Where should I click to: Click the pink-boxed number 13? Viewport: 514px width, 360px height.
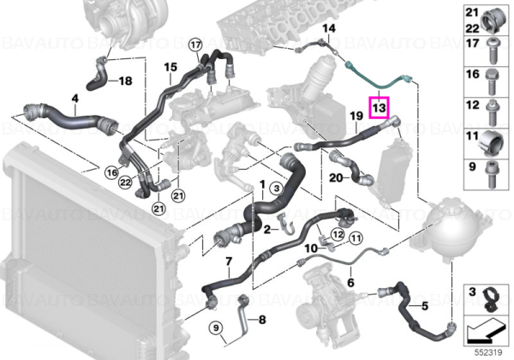click(379, 107)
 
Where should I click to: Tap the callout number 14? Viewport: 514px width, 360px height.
click(329, 28)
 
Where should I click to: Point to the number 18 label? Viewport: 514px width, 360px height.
click(125, 81)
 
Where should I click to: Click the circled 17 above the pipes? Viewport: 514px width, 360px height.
click(195, 45)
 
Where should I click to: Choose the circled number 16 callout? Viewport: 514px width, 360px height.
click(112, 172)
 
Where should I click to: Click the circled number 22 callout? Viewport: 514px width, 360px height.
click(126, 183)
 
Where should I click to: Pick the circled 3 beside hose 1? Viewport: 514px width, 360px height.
click(277, 189)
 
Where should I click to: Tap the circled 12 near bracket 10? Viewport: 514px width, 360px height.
click(338, 234)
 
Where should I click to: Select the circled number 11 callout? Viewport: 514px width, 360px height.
click(356, 238)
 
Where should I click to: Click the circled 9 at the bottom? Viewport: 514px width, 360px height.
click(216, 327)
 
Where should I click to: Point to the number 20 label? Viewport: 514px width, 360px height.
click(336, 177)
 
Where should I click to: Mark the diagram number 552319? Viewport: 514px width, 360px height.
click(488, 353)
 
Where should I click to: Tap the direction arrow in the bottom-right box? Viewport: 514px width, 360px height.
click(487, 331)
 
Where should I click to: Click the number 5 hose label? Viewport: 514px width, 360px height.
click(425, 306)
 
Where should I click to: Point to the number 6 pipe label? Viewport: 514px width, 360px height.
click(350, 282)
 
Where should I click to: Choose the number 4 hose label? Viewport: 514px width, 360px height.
click(75, 98)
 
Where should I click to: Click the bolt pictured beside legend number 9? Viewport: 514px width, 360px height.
click(491, 175)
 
